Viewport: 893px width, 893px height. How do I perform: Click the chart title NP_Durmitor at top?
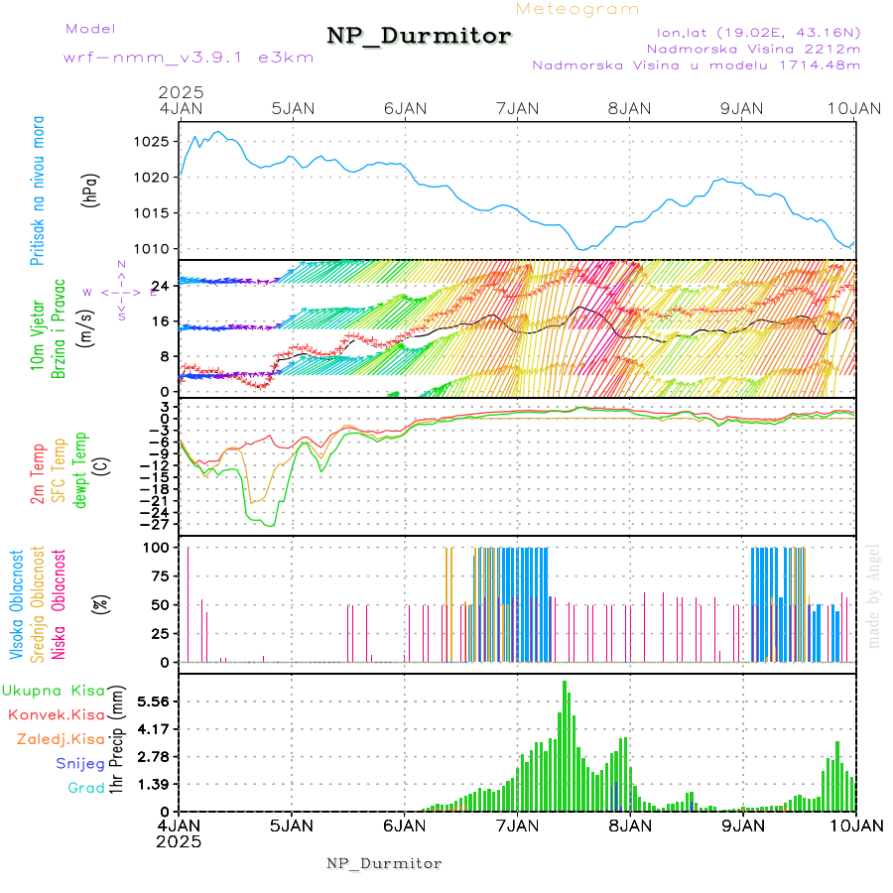(x=419, y=37)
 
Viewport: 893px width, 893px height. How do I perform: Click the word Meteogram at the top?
(x=578, y=9)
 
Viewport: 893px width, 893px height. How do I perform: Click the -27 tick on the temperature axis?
(x=159, y=523)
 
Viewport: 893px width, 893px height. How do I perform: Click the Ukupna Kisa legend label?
(x=55, y=690)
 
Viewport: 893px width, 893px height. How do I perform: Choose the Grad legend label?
(x=85, y=788)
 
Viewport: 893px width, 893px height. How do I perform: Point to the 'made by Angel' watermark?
(x=873, y=595)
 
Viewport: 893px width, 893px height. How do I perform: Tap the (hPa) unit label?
(x=90, y=190)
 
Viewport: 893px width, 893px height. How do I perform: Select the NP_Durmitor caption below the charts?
(x=384, y=863)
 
